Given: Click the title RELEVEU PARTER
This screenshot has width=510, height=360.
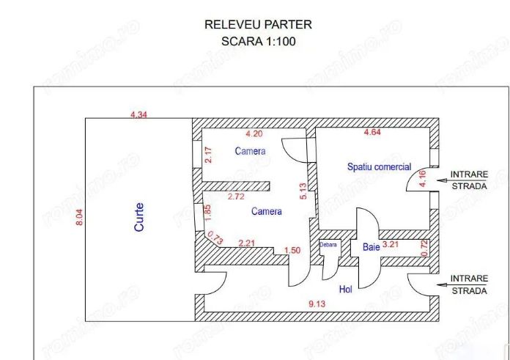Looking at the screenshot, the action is coord(258,25).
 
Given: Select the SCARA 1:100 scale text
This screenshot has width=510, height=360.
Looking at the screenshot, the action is coord(258,41).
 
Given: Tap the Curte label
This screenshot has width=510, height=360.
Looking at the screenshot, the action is coord(139,217).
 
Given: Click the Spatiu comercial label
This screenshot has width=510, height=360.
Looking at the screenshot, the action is coord(380,166).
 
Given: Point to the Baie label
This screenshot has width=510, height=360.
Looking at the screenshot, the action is coord(371,247).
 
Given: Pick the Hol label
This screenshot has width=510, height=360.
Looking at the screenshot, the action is coord(345,289).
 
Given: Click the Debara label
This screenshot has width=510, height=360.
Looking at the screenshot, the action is coord(328,244).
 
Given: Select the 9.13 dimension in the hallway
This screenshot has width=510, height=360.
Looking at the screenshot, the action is coord(317,304).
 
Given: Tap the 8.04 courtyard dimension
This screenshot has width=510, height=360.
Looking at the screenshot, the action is coord(79,217).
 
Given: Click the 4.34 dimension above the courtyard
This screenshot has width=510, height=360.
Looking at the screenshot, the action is coord(138,114).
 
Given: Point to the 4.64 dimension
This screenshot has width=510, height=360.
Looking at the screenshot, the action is coord(372,132).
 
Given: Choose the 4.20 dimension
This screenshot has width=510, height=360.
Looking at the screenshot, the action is coord(254,133).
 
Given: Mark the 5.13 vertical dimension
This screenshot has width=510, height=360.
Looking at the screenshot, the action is coord(303,191).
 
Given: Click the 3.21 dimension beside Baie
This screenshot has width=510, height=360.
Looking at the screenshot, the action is coord(391,244).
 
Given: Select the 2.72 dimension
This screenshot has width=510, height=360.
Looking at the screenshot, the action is coord(236,196).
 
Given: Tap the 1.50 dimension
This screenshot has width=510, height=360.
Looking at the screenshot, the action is coord(292,250).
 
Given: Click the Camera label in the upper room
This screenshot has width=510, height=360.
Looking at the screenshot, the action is coord(250,151).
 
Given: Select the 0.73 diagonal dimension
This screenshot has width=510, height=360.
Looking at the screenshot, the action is coord(215,238).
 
